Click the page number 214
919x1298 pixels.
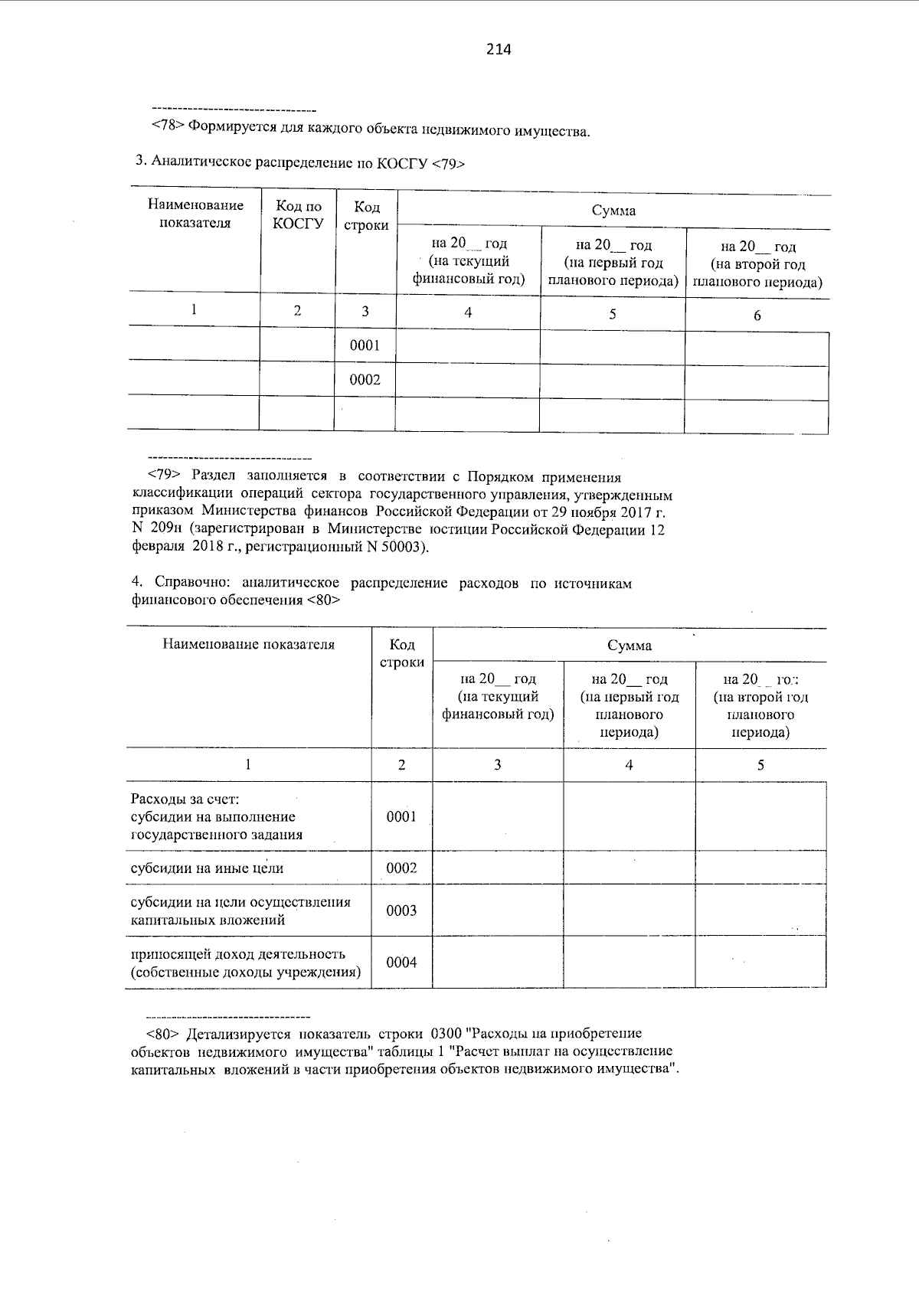tap(498, 50)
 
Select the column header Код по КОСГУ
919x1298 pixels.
tap(298, 214)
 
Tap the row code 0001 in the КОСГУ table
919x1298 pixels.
tap(365, 345)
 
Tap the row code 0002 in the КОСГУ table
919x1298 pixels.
tap(365, 380)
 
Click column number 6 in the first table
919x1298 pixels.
tap(757, 316)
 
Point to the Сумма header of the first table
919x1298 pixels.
tap(613, 211)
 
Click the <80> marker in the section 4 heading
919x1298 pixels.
tap(323, 600)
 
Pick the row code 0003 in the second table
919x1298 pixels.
tap(401, 911)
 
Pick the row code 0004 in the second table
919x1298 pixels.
tap(401, 963)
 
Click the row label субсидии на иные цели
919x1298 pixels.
tap(207, 868)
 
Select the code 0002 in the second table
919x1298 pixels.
tap(401, 868)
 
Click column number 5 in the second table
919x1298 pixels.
tap(760, 765)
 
